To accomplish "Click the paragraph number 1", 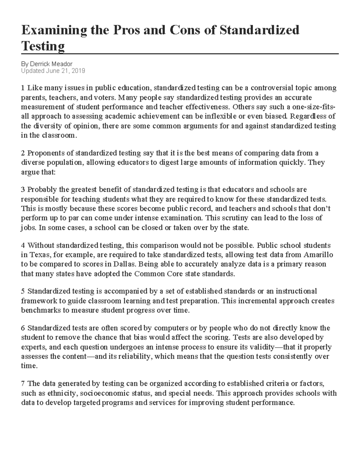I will (23, 88).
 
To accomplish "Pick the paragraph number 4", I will (23, 245).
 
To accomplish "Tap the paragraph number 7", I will (23, 383).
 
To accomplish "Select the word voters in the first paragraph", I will (105, 98).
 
